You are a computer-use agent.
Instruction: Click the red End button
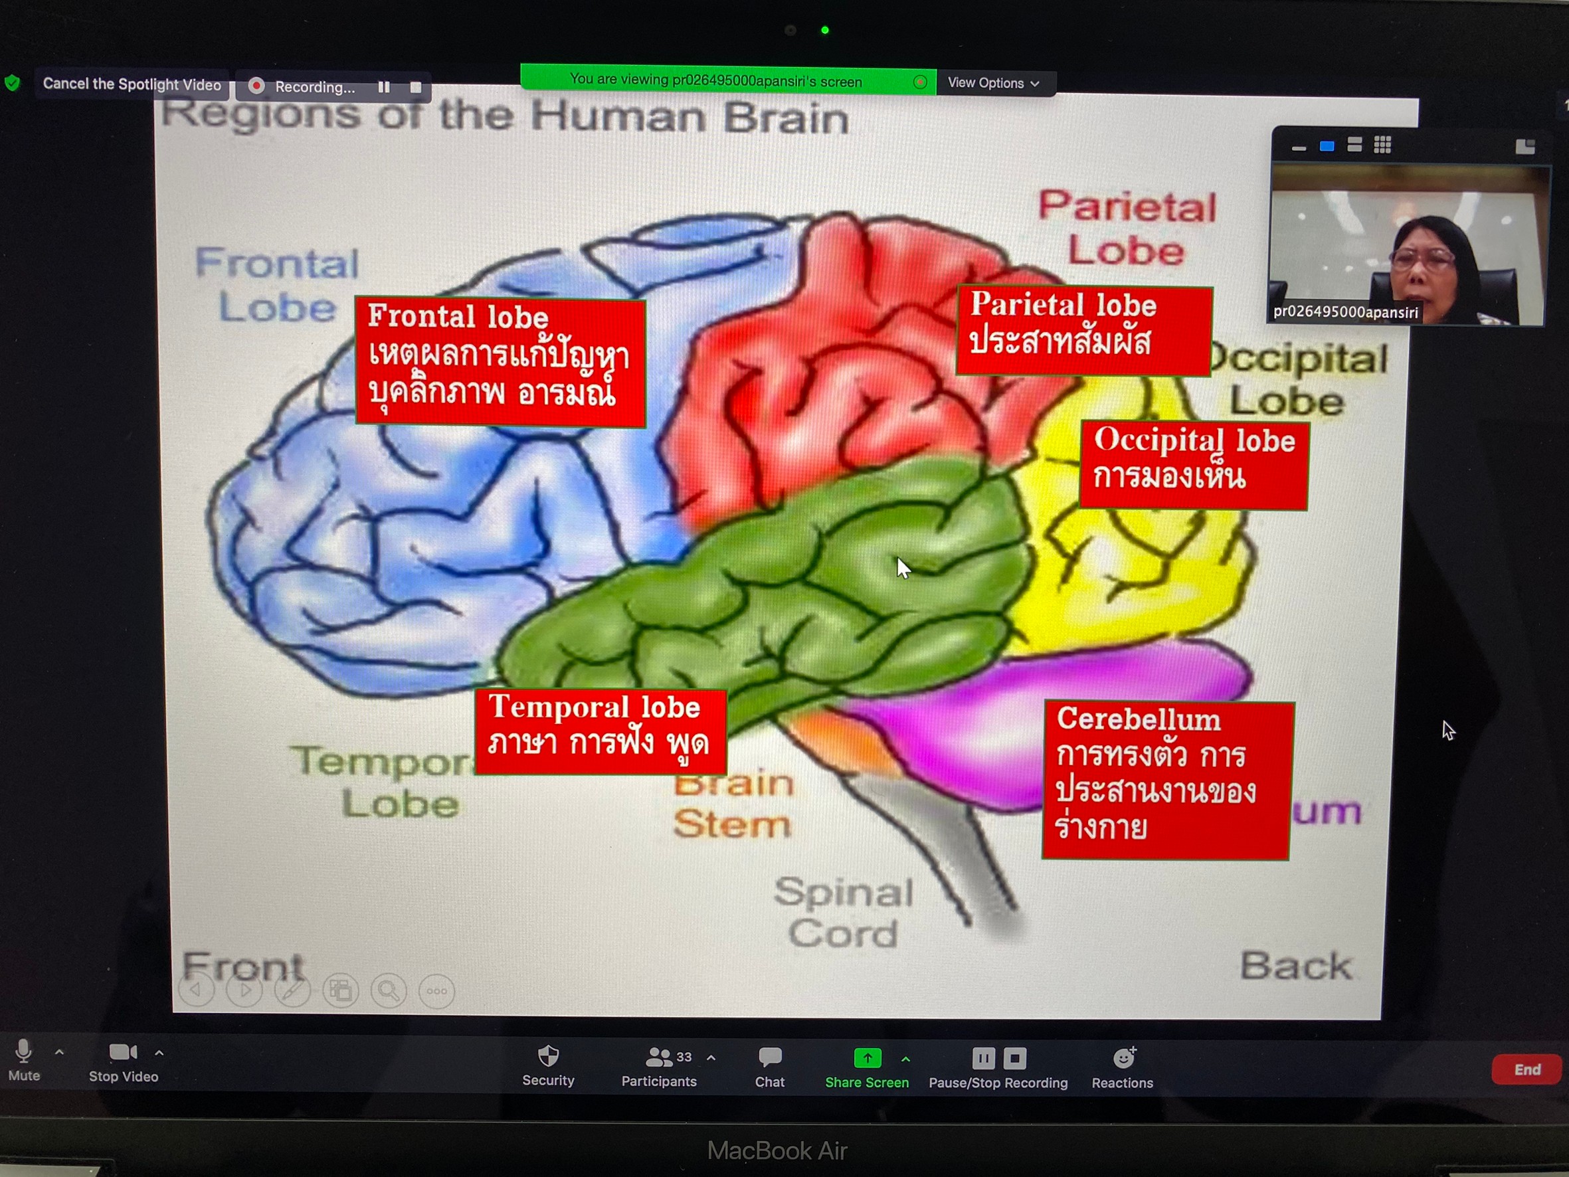(1526, 1069)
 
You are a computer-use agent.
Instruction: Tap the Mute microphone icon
(23, 1051)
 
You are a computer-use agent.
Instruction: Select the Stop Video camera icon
(122, 1051)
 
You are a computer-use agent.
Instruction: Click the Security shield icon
(548, 1056)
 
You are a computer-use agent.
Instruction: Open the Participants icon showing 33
(659, 1057)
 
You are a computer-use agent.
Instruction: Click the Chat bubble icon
(770, 1057)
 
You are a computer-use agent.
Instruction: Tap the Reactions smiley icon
(1123, 1058)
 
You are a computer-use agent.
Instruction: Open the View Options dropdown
(993, 83)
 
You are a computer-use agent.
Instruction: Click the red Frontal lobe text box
(500, 362)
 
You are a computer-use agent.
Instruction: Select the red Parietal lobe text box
(1083, 331)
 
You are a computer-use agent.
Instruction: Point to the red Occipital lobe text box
(1193, 465)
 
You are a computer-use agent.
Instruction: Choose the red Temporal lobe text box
(600, 731)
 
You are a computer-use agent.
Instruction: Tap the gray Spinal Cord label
(843, 913)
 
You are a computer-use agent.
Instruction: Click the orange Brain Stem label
(732, 805)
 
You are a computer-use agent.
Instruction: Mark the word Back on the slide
(1295, 966)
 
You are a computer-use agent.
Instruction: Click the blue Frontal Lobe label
(276, 285)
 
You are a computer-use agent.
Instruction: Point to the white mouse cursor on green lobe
(902, 567)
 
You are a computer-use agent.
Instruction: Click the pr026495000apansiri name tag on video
(1345, 312)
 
